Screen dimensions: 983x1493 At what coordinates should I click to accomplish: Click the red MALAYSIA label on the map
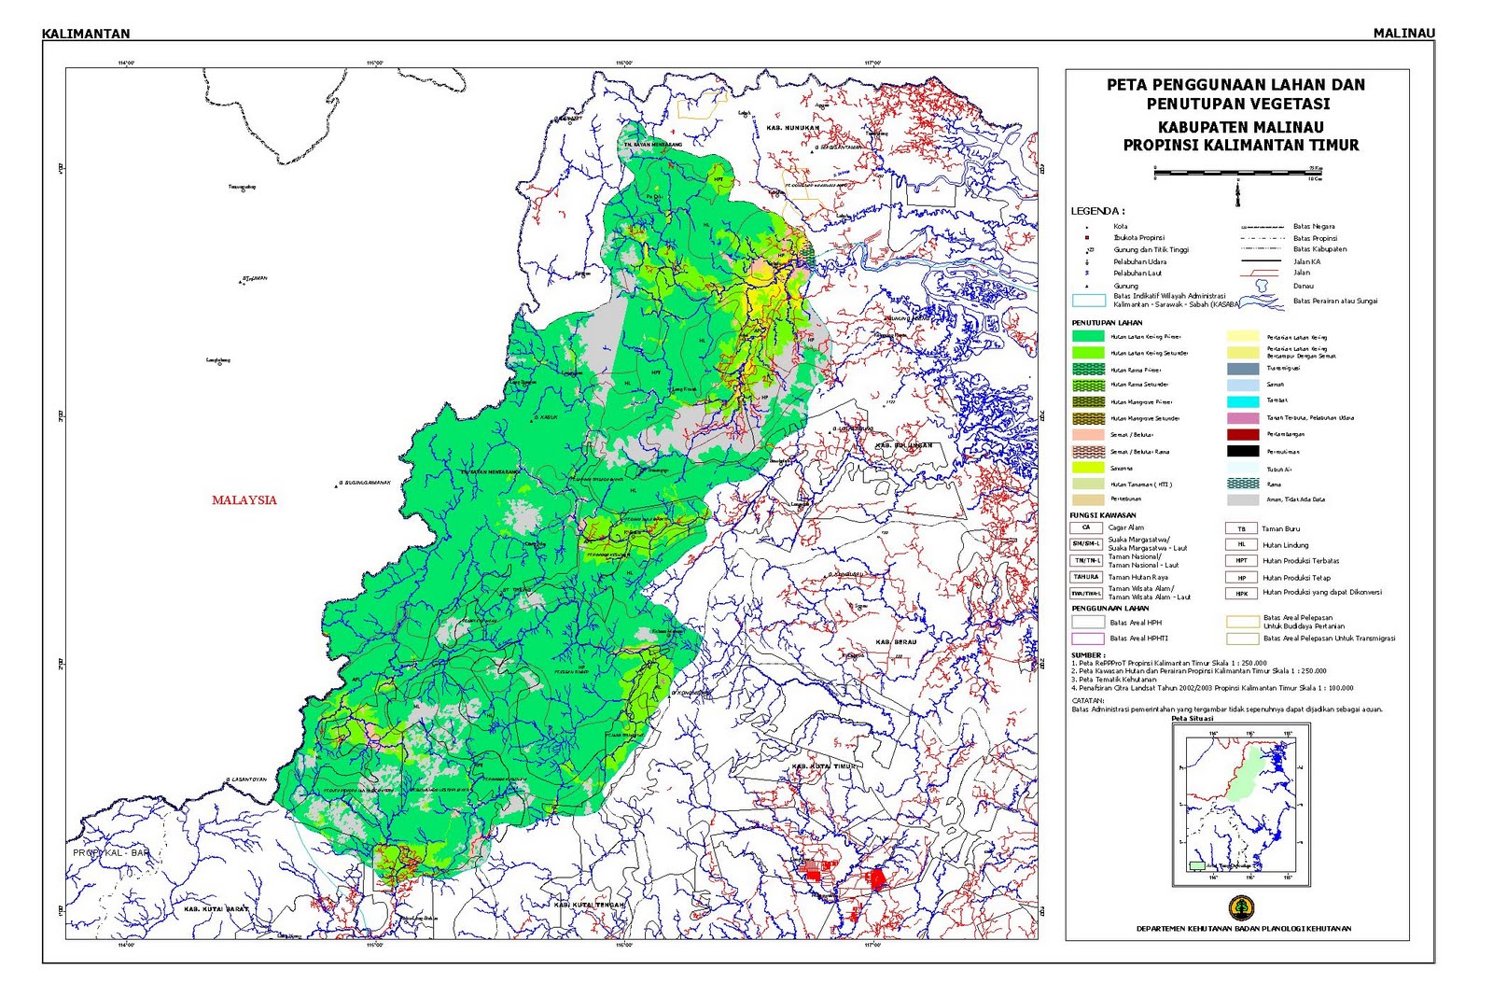pyautogui.click(x=244, y=500)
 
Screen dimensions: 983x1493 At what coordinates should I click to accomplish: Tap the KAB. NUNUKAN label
pyautogui.click(x=792, y=128)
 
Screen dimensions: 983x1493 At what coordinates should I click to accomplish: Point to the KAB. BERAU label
pyautogui.click(x=895, y=642)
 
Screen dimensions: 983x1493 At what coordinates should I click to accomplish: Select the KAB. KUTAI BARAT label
pyautogui.click(x=216, y=908)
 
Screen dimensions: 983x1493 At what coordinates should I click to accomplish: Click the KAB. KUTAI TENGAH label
pyautogui.click(x=588, y=905)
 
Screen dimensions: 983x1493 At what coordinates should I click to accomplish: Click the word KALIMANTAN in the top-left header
pyautogui.click(x=86, y=34)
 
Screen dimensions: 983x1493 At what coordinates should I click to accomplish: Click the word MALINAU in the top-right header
pyautogui.click(x=1403, y=34)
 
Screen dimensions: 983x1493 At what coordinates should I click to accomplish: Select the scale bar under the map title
pyautogui.click(x=1237, y=172)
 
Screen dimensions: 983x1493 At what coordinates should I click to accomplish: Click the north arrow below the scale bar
pyautogui.click(x=1237, y=195)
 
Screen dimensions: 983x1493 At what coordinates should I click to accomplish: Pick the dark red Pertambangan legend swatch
pyautogui.click(x=1243, y=434)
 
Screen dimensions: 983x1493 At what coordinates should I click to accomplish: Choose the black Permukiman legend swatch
pyautogui.click(x=1243, y=451)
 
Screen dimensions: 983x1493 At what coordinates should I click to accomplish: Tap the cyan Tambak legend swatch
pyautogui.click(x=1243, y=401)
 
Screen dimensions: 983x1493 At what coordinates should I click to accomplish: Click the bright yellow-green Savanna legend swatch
pyautogui.click(x=1088, y=468)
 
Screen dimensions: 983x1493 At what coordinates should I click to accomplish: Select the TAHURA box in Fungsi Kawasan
pyautogui.click(x=1086, y=577)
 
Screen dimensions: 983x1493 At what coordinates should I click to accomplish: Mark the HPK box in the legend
pyautogui.click(x=1241, y=593)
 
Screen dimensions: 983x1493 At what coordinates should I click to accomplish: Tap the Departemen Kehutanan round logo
pyautogui.click(x=1241, y=906)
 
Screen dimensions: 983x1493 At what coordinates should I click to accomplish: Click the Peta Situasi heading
pyautogui.click(x=1192, y=719)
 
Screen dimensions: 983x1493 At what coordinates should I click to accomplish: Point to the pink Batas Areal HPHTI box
pyautogui.click(x=1087, y=639)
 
